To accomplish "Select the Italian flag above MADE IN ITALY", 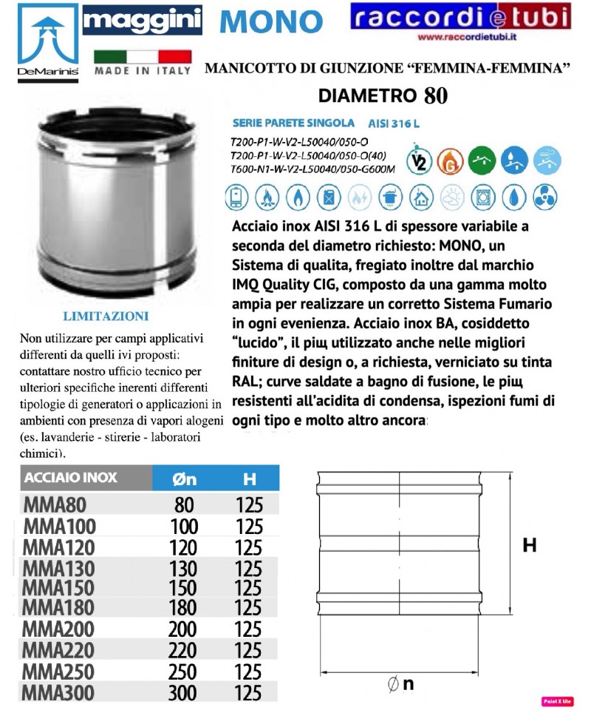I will [143, 56].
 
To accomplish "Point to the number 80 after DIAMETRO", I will [435, 95].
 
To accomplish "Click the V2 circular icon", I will [419, 160].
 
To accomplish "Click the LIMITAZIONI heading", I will [106, 316].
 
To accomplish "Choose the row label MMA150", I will [58, 588].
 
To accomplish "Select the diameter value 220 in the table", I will [182, 651].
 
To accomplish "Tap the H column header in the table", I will [249, 479].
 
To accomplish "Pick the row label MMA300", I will [58, 693].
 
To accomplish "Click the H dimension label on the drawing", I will [529, 546].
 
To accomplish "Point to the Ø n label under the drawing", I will [400, 685].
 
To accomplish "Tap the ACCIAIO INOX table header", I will [71, 478].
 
